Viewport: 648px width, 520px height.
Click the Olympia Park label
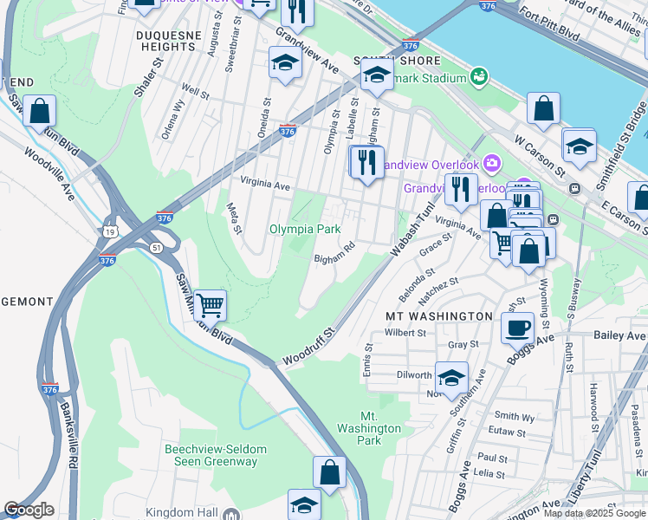tap(304, 230)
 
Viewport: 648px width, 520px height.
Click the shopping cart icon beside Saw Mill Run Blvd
tap(210, 305)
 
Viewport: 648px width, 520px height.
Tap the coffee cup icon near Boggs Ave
tap(517, 328)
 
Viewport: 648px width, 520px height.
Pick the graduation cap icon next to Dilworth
tap(451, 378)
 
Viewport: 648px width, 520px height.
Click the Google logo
tap(29, 510)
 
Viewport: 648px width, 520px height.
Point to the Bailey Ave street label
tap(619, 335)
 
